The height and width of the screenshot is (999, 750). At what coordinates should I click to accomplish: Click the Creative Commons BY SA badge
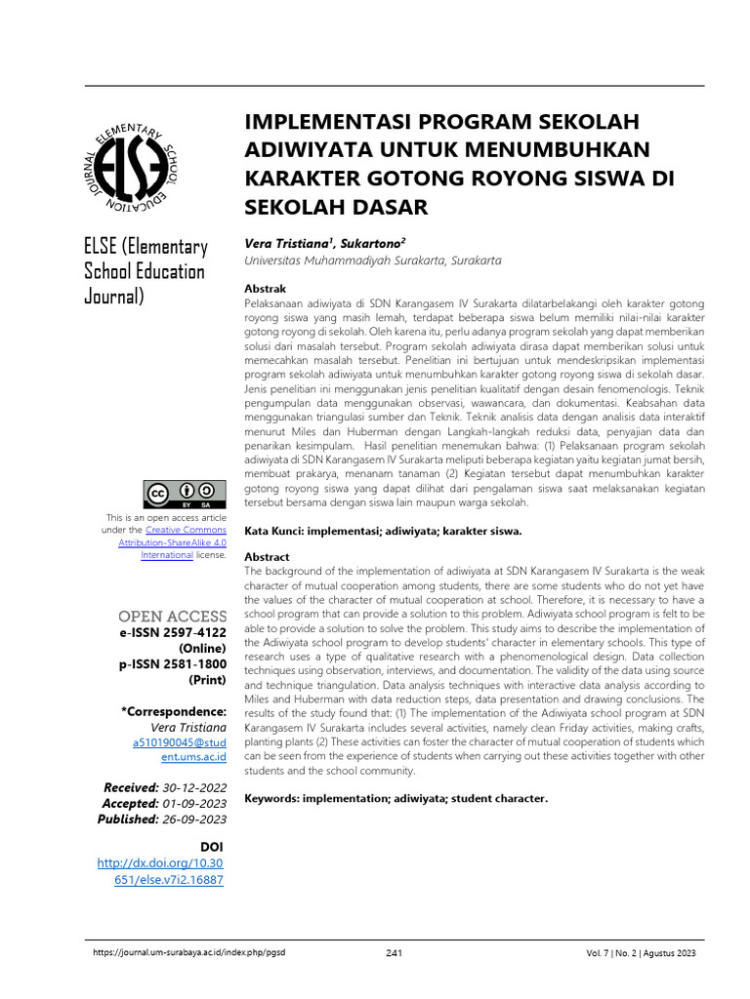pyautogui.click(x=185, y=495)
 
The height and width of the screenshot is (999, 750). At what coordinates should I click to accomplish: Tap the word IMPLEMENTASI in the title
pyautogui.click(x=328, y=122)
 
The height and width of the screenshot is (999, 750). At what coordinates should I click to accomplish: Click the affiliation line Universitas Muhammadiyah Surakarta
pyautogui.click(x=372, y=260)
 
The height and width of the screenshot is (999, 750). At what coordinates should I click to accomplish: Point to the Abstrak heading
pyautogui.click(x=265, y=290)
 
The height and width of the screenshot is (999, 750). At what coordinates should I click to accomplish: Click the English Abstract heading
pyautogui.click(x=267, y=557)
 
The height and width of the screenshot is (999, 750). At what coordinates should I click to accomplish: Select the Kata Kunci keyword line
pyautogui.click(x=383, y=531)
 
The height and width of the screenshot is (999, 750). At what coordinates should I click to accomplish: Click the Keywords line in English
pyautogui.click(x=396, y=798)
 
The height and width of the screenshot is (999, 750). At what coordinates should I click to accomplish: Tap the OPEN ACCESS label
pyautogui.click(x=172, y=617)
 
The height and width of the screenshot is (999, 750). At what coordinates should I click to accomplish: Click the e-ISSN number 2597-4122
pyautogui.click(x=192, y=633)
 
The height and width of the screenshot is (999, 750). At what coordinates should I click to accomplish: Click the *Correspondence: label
pyautogui.click(x=174, y=711)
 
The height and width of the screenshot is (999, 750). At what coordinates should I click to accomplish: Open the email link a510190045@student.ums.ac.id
pyautogui.click(x=179, y=749)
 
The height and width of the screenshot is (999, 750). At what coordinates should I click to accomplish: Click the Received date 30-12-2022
pyautogui.click(x=194, y=787)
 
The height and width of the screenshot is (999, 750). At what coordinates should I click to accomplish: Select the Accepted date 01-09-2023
pyautogui.click(x=194, y=803)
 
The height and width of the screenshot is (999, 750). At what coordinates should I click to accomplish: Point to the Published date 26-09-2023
pyautogui.click(x=194, y=819)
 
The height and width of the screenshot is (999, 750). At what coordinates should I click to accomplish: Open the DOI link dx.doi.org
pyautogui.click(x=161, y=871)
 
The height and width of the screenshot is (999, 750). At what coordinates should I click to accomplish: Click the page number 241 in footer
pyautogui.click(x=394, y=953)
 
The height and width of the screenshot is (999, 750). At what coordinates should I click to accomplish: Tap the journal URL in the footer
pyautogui.click(x=188, y=953)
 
